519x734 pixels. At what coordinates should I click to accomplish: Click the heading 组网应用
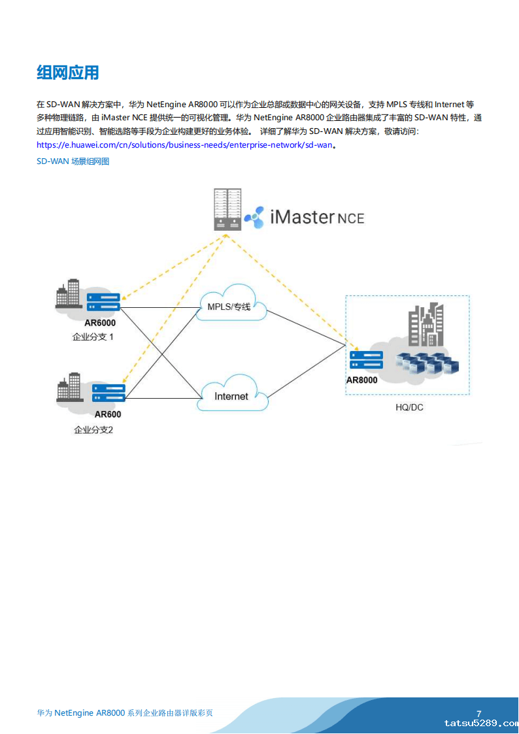68,73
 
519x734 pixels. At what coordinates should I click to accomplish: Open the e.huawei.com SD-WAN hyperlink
185,145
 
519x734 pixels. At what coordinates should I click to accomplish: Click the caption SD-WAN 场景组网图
73,161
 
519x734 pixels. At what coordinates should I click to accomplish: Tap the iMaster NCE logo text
316,217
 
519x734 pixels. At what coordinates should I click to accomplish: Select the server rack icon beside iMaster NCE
227,209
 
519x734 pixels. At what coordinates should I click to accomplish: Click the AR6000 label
100,322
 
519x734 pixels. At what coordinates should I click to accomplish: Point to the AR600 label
108,414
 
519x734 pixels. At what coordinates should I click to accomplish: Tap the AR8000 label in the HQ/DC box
362,380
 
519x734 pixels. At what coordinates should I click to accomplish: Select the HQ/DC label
409,407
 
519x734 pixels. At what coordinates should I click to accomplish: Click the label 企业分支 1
93,337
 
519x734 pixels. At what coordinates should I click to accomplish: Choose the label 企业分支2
93,430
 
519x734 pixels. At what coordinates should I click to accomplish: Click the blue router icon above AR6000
103,302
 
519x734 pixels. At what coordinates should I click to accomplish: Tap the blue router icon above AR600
108,393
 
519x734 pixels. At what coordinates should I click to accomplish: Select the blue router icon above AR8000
366,359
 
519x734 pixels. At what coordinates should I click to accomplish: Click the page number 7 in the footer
479,713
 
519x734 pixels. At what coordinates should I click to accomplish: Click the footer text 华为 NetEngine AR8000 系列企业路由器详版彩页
125,713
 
